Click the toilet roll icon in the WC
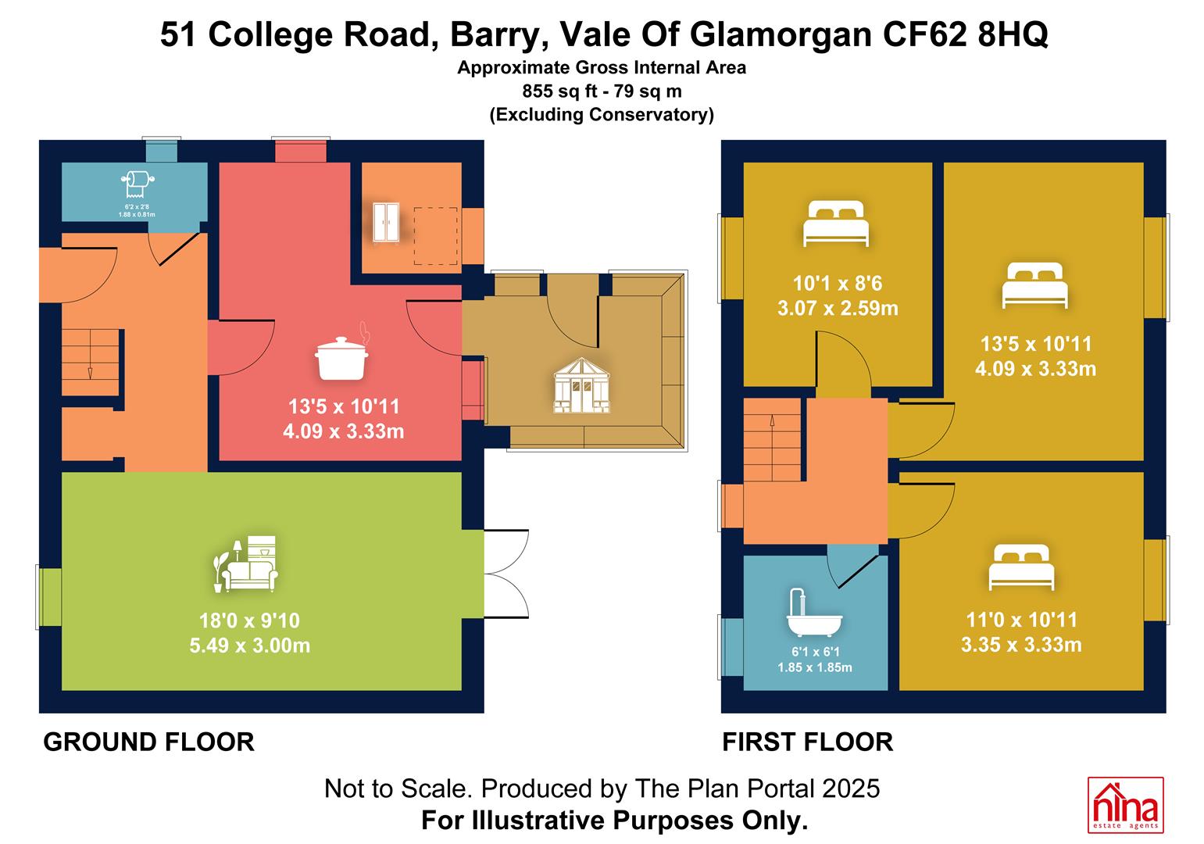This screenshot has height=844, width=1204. pyautogui.click(x=138, y=184)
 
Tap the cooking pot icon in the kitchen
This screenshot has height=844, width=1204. pyautogui.click(x=342, y=354)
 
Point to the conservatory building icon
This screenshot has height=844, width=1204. pyautogui.click(x=581, y=385)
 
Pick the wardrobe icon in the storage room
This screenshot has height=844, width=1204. pyautogui.click(x=386, y=222)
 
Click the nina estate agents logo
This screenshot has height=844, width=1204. pyautogui.click(x=1126, y=805)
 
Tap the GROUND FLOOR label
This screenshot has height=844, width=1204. pyautogui.click(x=149, y=742)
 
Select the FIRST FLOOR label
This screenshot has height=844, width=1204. pyautogui.click(x=807, y=742)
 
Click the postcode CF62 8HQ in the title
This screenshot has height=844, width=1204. pyautogui.click(x=965, y=34)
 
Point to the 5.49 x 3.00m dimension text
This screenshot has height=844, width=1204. pyautogui.click(x=249, y=645)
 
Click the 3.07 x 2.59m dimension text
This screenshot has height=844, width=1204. pyautogui.click(x=838, y=308)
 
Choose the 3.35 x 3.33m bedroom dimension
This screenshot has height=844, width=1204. pyautogui.click(x=1021, y=645)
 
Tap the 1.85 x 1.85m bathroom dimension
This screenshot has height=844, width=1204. pyautogui.click(x=814, y=667)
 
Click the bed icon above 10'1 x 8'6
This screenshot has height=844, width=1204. pyautogui.click(x=836, y=223)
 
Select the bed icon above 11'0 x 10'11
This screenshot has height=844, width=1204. pyautogui.click(x=1021, y=567)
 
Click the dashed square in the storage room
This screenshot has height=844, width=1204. pyautogui.click(x=435, y=236)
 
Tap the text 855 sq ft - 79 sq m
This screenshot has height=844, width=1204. pyautogui.click(x=602, y=91)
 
